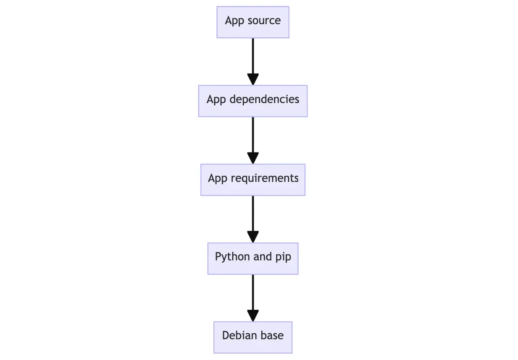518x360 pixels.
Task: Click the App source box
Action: (x=253, y=22)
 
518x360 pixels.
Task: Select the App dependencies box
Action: (x=253, y=101)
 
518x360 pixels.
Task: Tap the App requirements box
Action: (x=253, y=180)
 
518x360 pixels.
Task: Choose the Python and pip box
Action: (x=253, y=258)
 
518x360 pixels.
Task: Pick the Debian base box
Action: (x=253, y=337)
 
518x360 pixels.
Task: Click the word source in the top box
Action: (x=264, y=21)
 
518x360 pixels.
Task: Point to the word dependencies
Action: (x=264, y=100)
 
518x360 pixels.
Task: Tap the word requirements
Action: (x=265, y=179)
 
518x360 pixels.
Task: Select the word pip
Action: (x=283, y=257)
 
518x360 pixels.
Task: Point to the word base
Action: (x=272, y=335)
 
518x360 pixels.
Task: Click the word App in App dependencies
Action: (x=216, y=100)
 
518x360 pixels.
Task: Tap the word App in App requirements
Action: (x=217, y=179)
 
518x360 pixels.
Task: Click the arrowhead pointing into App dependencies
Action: (x=253, y=79)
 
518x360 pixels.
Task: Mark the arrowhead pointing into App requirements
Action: (x=253, y=158)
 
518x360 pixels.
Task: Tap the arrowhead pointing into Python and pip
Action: (x=253, y=237)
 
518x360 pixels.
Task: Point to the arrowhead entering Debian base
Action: (x=253, y=316)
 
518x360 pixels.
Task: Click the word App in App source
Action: (x=234, y=21)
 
